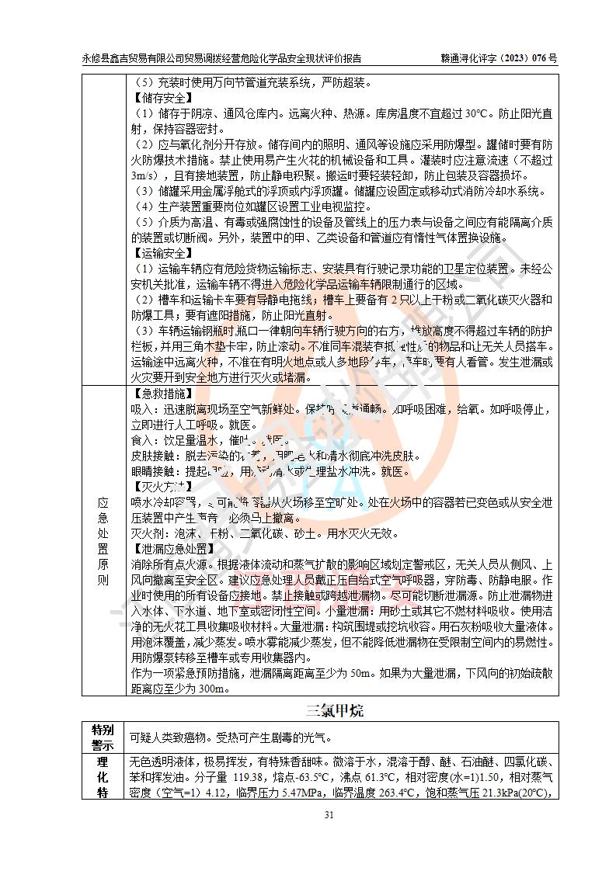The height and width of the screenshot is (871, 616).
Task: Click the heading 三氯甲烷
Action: pyautogui.click(x=334, y=710)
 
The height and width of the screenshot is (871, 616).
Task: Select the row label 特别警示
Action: pyautogui.click(x=103, y=737)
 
